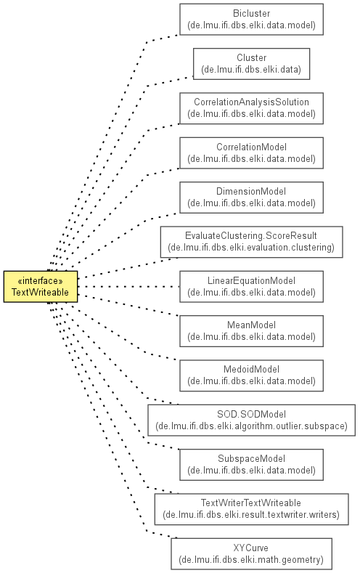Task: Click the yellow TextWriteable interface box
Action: (41, 286)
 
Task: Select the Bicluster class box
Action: (251, 20)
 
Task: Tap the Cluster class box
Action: (251, 64)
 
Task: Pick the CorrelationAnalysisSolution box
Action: (251, 108)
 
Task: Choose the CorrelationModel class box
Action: (251, 153)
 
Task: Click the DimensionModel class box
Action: (251, 198)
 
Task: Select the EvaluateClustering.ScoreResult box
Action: (251, 242)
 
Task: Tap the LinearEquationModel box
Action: (251, 286)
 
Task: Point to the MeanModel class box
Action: (251, 331)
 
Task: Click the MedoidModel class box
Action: (251, 375)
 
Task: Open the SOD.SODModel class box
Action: (251, 420)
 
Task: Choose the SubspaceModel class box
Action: (251, 465)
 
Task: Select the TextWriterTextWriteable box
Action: (251, 509)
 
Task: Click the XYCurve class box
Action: (251, 553)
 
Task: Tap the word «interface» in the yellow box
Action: (40, 280)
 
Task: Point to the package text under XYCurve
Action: (251, 559)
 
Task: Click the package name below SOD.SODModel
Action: (251, 426)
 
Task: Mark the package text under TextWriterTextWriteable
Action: (251, 515)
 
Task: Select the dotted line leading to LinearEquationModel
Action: (128, 286)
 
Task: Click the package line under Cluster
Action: (251, 70)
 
